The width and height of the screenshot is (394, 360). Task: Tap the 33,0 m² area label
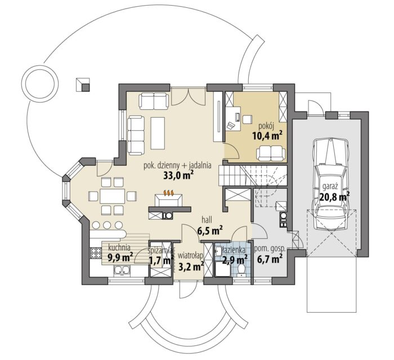tap(178, 175)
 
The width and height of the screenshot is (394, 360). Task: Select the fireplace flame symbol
tap(169, 193)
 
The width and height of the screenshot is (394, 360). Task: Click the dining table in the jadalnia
tap(113, 196)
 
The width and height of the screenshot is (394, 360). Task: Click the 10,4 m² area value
tap(267, 136)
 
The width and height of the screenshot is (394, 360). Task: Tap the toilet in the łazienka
tap(241, 270)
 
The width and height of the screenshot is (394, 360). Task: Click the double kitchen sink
tap(122, 270)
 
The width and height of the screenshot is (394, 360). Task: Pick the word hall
tap(207, 220)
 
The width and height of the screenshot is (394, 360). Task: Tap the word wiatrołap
tap(190, 256)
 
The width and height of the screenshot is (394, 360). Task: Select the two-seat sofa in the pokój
tap(271, 153)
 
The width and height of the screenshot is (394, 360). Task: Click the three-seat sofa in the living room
tap(136, 136)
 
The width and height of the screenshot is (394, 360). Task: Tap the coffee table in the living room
tap(158, 133)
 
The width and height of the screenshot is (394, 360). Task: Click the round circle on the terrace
tap(41, 83)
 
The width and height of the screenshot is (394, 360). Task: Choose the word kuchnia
tap(119, 247)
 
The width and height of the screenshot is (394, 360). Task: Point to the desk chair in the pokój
tap(231, 125)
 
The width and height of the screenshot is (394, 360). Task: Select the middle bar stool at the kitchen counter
tap(108, 225)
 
